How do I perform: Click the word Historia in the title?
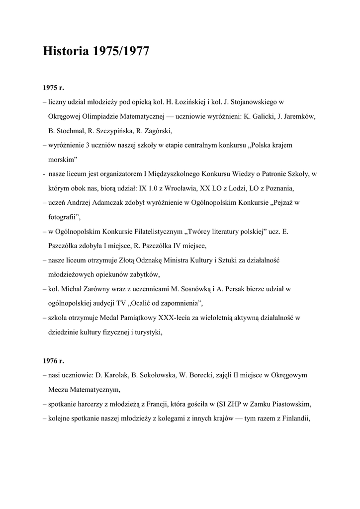[66, 52]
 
